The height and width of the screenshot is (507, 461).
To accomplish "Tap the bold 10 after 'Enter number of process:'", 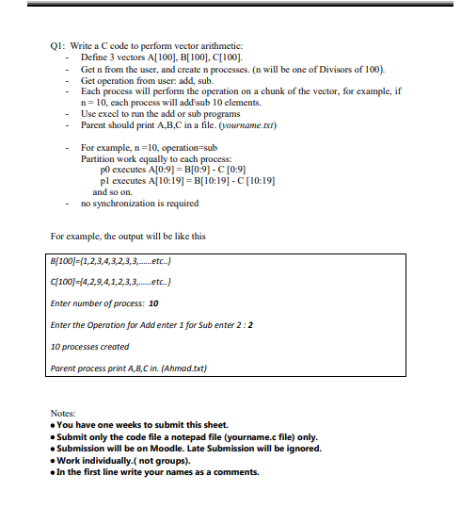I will click(x=153, y=303).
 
